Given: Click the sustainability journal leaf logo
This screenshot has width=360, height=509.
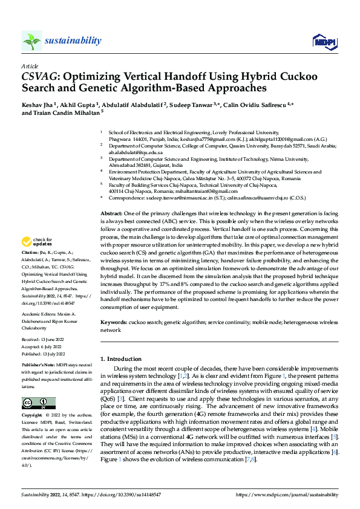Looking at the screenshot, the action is (x=31, y=41).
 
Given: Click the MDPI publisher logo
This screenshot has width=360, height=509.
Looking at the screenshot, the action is (x=324, y=41).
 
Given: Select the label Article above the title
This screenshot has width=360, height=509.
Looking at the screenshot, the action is (x=30, y=66).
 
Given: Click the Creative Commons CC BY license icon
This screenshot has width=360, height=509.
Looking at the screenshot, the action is (x=38, y=403).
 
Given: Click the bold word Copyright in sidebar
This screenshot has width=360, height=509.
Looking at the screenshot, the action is (x=32, y=416).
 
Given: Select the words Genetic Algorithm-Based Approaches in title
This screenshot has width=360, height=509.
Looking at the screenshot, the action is (x=188, y=88).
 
